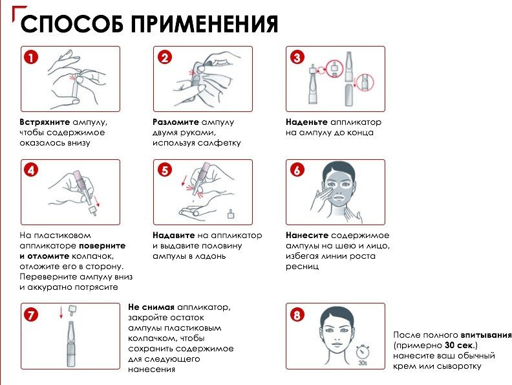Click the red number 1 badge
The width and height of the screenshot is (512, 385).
pos(31,58)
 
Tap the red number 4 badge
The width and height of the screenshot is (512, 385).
pos(31,170)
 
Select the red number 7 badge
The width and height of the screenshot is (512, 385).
pos(31,315)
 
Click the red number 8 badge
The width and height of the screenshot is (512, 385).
pos(297,315)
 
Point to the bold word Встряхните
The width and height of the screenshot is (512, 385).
pos(45,122)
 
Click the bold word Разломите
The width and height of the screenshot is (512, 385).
pos(176,122)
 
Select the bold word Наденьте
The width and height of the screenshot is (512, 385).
pos(306,122)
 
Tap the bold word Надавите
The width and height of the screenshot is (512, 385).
pos(174,236)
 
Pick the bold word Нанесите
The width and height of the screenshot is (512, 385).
pos(307,236)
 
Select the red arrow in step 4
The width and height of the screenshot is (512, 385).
pos(96,201)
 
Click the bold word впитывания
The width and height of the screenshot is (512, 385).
pos(486,335)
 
